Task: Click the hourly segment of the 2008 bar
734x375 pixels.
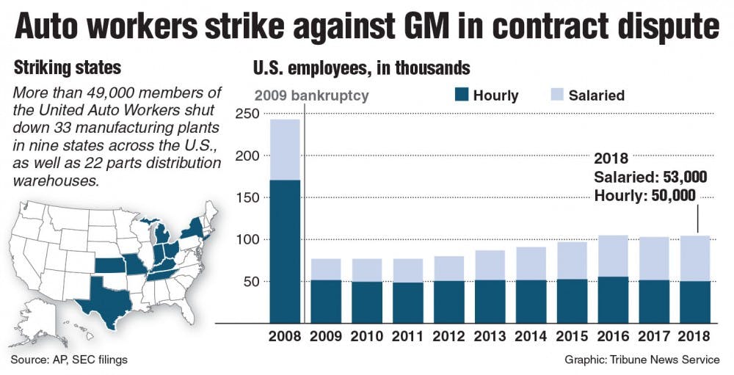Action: click(x=285, y=250)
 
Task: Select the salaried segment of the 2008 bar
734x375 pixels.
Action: click(x=285, y=150)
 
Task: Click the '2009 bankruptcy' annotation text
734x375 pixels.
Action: click(x=311, y=95)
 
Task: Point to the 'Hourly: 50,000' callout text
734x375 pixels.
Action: click(x=644, y=195)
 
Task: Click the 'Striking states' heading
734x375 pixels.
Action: click(x=68, y=68)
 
